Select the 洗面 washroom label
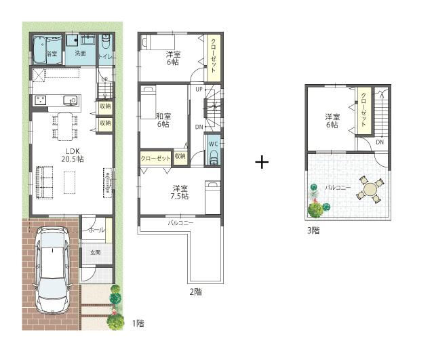point(81,53)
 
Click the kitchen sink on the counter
point(69,101)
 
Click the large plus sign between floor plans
point(262,162)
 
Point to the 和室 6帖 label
point(163,119)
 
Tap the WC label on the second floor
point(212,143)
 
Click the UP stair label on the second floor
point(198,89)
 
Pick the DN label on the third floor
point(380,142)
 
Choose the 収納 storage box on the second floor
point(180,157)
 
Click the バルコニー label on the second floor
point(180,222)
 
